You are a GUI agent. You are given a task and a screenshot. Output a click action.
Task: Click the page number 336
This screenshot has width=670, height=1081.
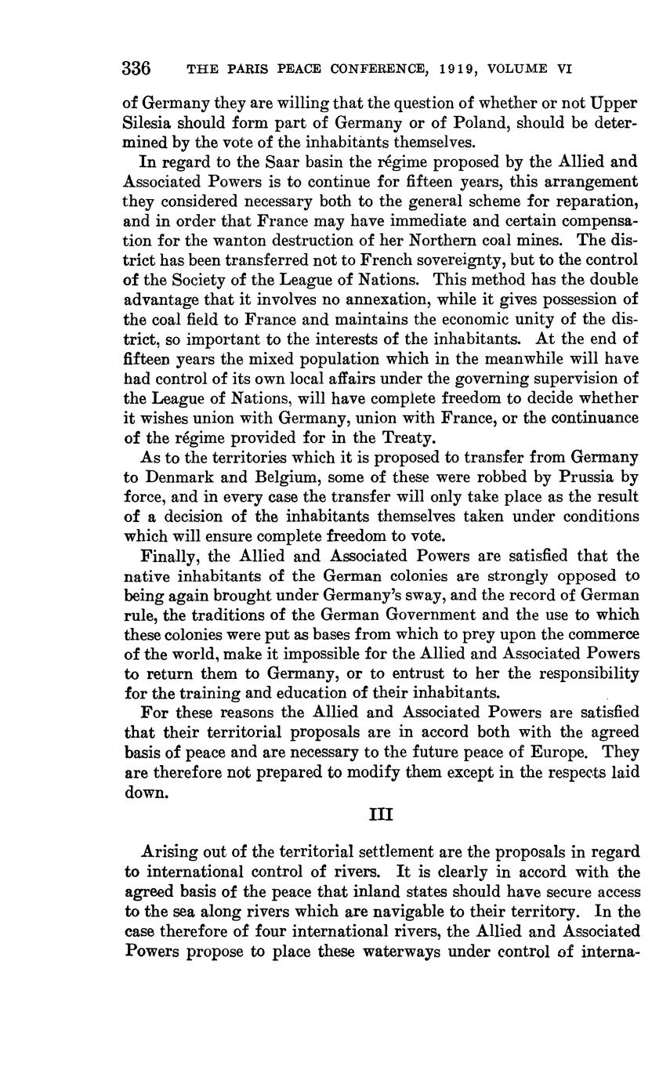(136, 68)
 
